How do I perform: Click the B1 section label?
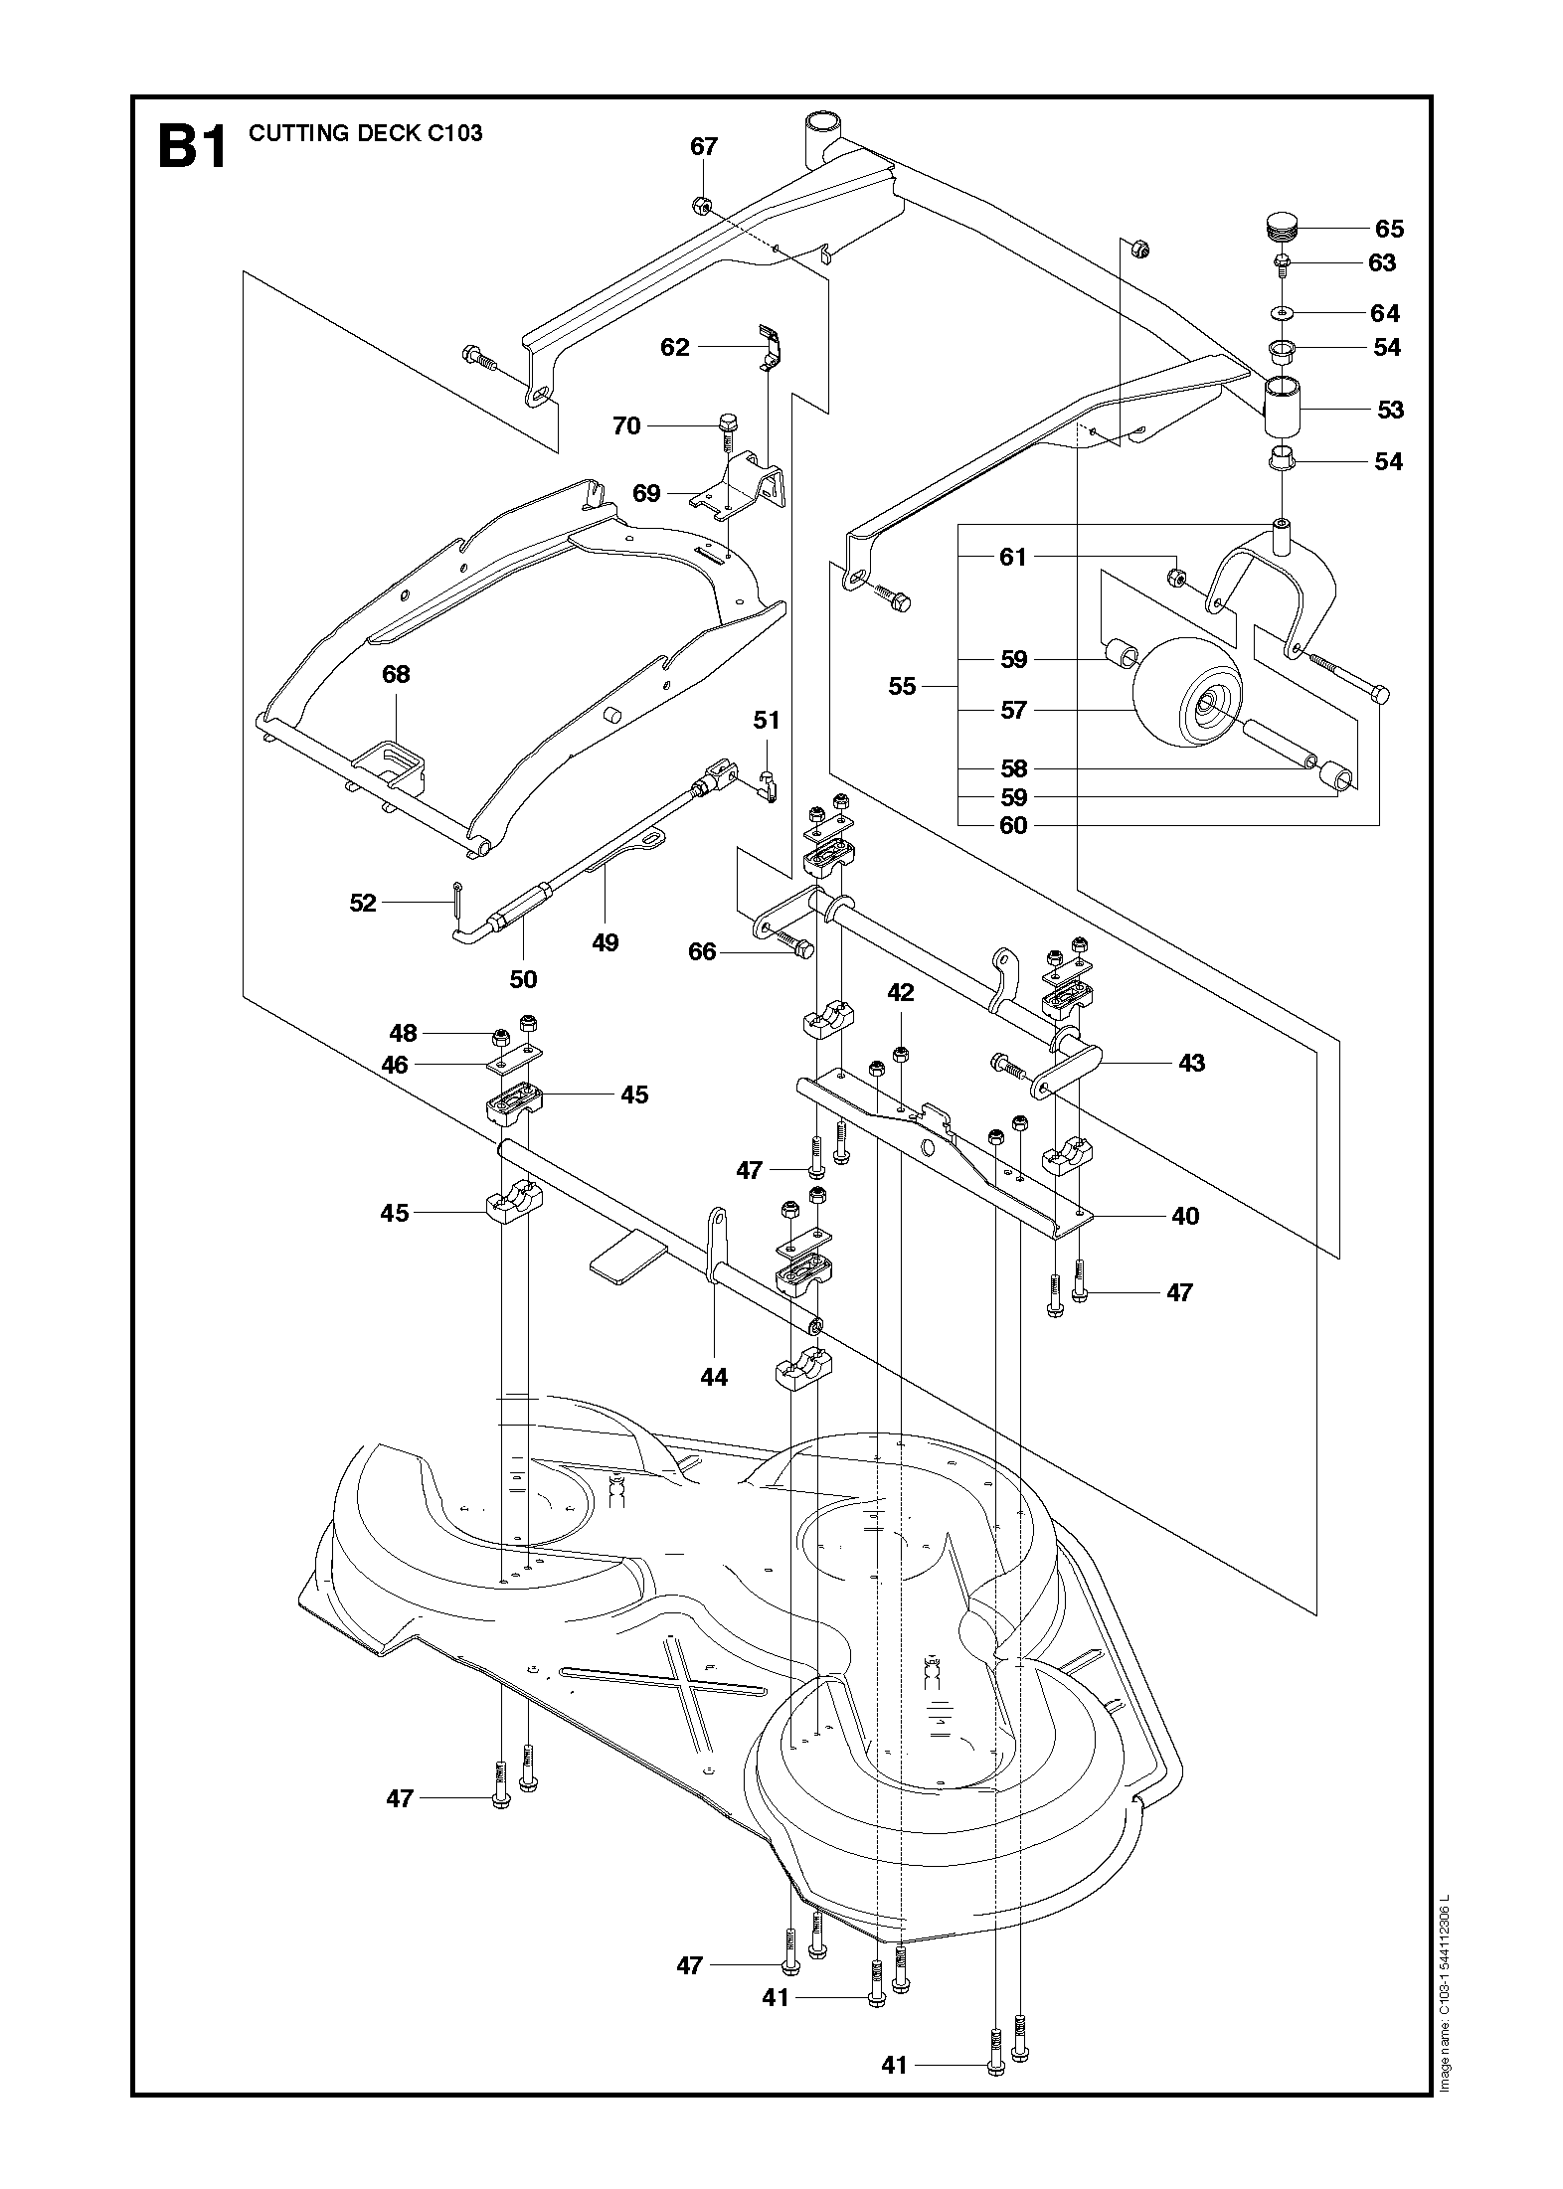click(192, 147)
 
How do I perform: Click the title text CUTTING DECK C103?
click(365, 133)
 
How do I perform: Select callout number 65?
click(1389, 230)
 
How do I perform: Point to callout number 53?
click(1390, 410)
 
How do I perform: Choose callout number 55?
click(902, 687)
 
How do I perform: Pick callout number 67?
click(704, 147)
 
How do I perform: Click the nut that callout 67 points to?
click(700, 206)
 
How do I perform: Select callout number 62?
click(674, 347)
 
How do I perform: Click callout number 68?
click(396, 675)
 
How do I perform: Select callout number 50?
click(523, 979)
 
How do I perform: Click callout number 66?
click(702, 952)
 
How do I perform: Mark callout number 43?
click(1191, 1064)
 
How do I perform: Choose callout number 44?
click(714, 1377)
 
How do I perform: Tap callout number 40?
click(1185, 1216)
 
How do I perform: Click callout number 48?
click(404, 1034)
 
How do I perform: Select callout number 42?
click(901, 993)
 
